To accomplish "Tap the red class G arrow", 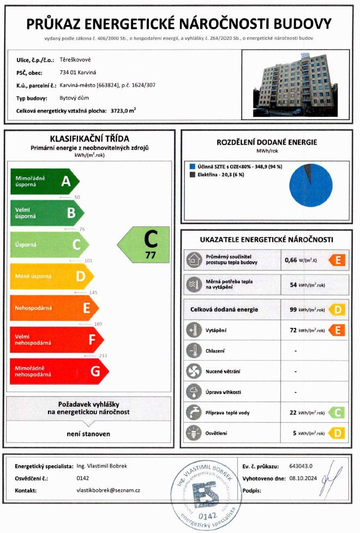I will pos(59,372).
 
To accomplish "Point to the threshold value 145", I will pos(93,292).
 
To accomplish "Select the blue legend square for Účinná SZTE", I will pos(192,166).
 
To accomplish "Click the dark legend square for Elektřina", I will pos(192,175).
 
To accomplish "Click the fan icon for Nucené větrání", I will pos(194,371).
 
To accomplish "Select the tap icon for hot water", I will pos(194,412).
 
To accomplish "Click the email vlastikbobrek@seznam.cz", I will pos(109,490).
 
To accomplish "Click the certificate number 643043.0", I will pos(300,466).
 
